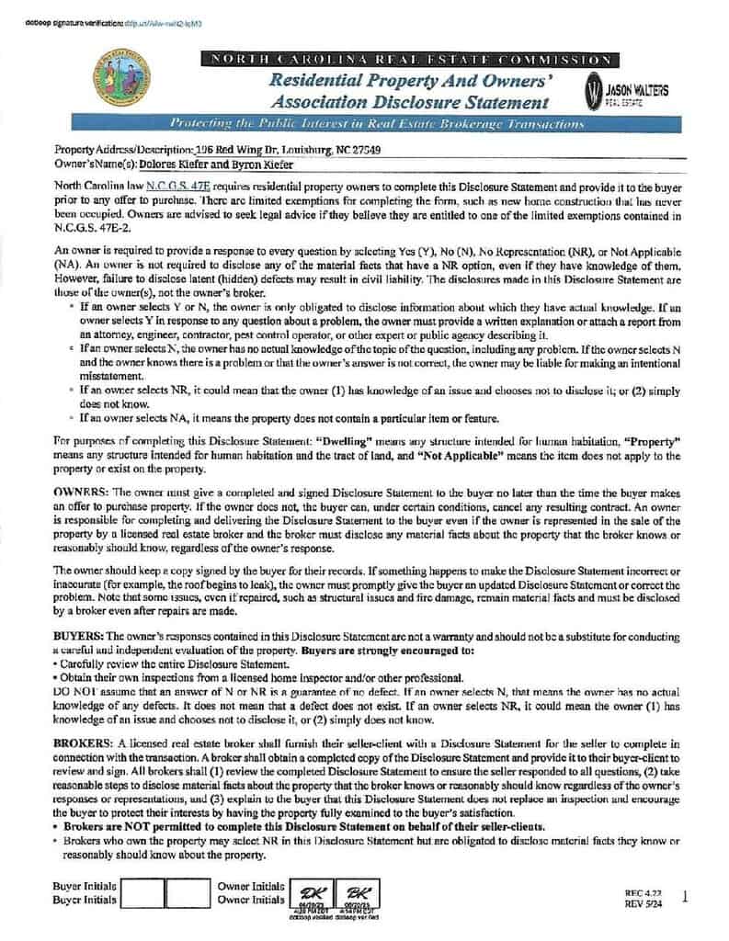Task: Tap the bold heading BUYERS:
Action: pyautogui.click(x=78, y=634)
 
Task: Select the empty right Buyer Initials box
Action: pyautogui.click(x=188, y=892)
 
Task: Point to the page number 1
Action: pyautogui.click(x=686, y=897)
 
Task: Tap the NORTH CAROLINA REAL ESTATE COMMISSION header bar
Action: pyautogui.click(x=409, y=60)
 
